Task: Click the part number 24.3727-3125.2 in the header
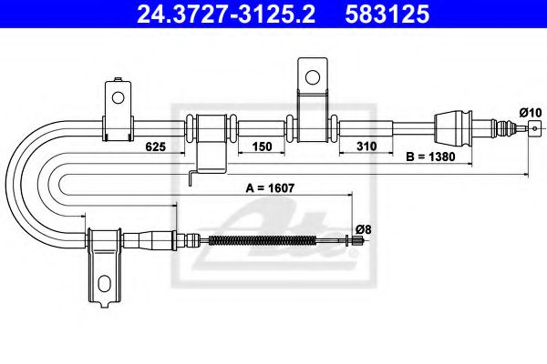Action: pos(226,15)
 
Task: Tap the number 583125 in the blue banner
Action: pos(387,15)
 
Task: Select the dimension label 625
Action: pos(155,147)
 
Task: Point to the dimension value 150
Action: pos(262,147)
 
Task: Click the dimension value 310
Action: pos(366,147)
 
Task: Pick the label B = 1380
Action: pos(430,157)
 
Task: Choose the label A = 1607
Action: pos(270,188)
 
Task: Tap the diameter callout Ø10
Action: pos(531,113)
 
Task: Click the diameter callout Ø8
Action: pos(364,229)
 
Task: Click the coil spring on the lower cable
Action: pos(263,240)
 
